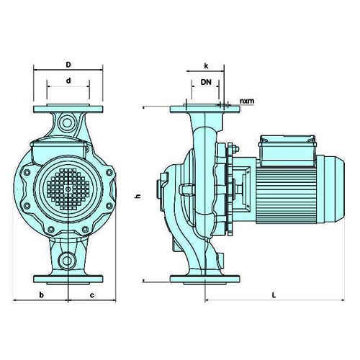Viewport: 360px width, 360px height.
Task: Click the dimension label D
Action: pyautogui.click(x=68, y=65)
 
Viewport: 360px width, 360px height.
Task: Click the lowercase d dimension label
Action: pyautogui.click(x=68, y=81)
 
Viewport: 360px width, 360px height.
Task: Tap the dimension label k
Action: pyautogui.click(x=206, y=66)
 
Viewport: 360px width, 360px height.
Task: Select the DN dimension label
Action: pyautogui.click(x=206, y=82)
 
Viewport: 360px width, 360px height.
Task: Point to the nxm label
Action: pyautogui.click(x=247, y=101)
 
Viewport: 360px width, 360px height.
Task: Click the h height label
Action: pyautogui.click(x=138, y=196)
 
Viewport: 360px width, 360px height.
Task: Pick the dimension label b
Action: pyautogui.click(x=42, y=294)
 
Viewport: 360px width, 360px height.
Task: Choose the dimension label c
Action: pyautogui.click(x=92, y=295)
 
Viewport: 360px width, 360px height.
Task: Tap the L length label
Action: pyautogui.click(x=274, y=295)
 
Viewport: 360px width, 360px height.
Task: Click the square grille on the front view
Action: pyautogui.click(x=68, y=189)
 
